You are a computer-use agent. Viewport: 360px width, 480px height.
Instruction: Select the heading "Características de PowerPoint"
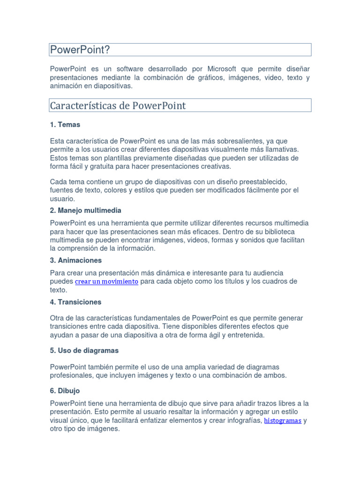tap(118, 105)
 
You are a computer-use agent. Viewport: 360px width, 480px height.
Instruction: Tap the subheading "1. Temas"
tap(65, 125)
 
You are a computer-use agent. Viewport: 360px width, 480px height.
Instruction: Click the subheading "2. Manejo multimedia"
tap(85, 210)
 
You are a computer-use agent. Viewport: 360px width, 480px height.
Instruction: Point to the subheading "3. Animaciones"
tap(75, 260)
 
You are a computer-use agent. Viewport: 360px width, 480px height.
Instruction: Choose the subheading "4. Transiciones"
tap(75, 302)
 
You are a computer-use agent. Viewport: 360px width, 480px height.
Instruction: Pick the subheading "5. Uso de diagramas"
tap(84, 351)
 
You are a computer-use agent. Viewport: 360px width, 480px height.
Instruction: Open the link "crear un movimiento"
tap(106, 282)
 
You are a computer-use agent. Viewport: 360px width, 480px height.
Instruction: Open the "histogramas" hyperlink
tap(283, 420)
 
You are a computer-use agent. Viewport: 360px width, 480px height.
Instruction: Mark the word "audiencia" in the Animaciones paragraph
tap(267, 273)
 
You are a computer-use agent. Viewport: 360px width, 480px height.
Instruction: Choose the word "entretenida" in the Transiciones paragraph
tap(244, 335)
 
